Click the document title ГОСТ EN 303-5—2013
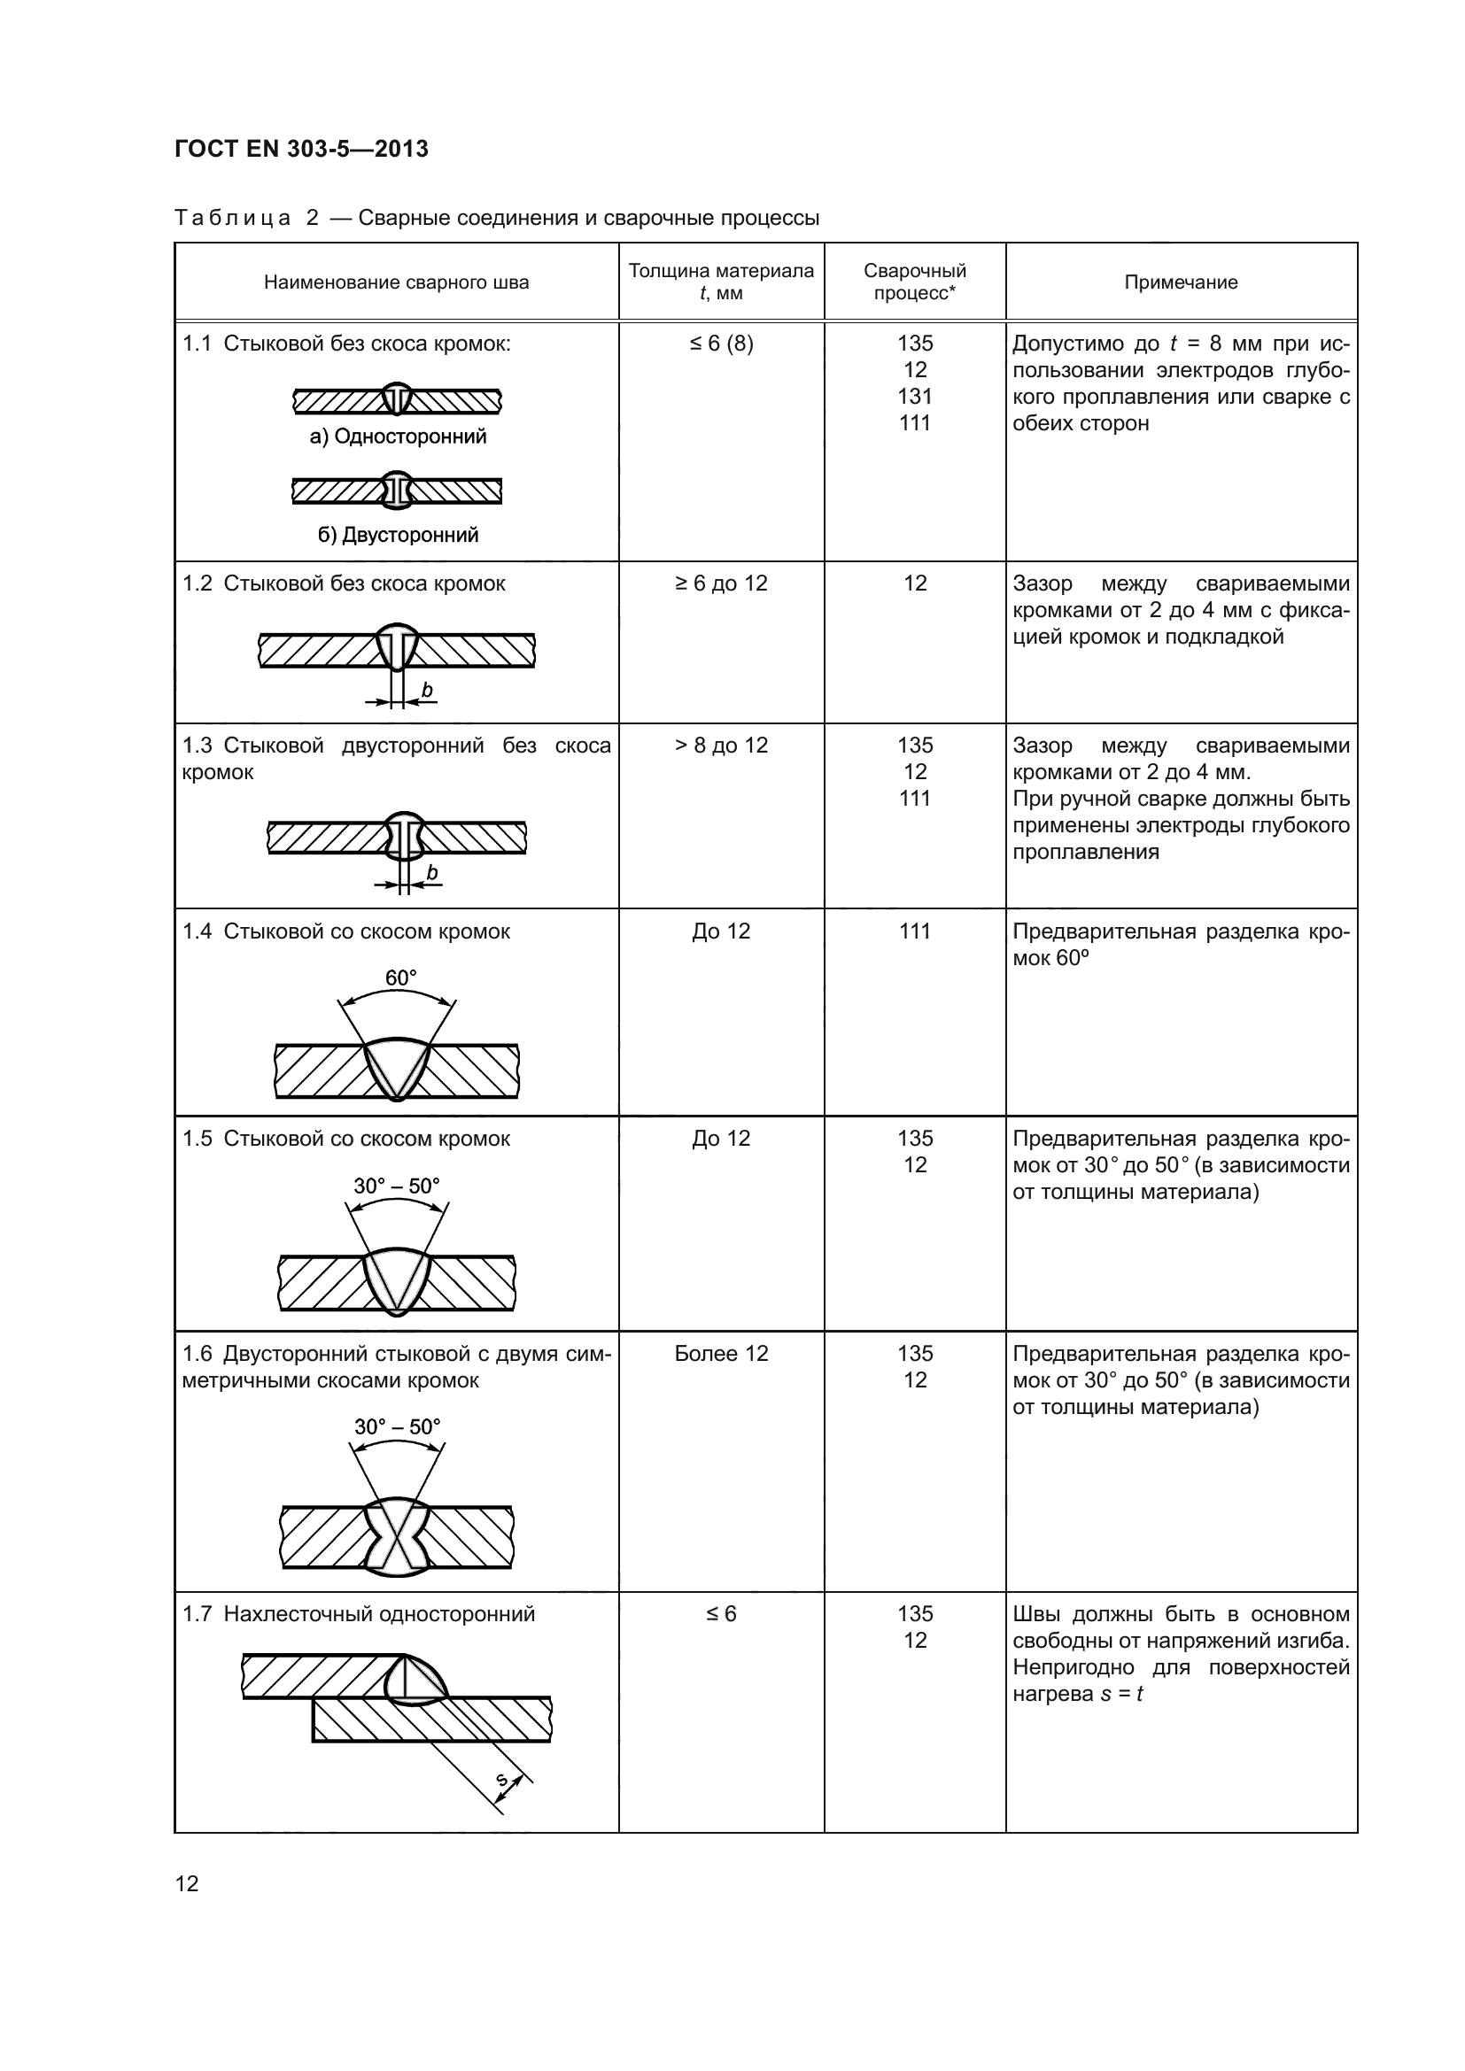tap(301, 149)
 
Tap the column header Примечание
tap(1181, 282)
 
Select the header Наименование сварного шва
tap(396, 282)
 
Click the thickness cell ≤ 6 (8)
tap(721, 344)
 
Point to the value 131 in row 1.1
tap(915, 396)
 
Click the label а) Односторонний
tap(398, 437)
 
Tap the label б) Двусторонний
tap(398, 535)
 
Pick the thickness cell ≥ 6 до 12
tap(721, 583)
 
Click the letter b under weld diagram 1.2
tap(428, 690)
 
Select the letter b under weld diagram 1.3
tap(432, 872)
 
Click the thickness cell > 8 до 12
tap(721, 745)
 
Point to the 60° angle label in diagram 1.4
tap(400, 978)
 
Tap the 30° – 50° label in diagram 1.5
tap(397, 1186)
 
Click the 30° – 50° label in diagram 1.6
tap(397, 1426)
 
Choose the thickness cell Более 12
tap(721, 1353)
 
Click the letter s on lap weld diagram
tap(503, 1780)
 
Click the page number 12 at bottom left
tap(187, 1883)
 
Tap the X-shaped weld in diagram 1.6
tap(397, 1538)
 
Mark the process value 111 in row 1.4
tap(915, 931)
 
